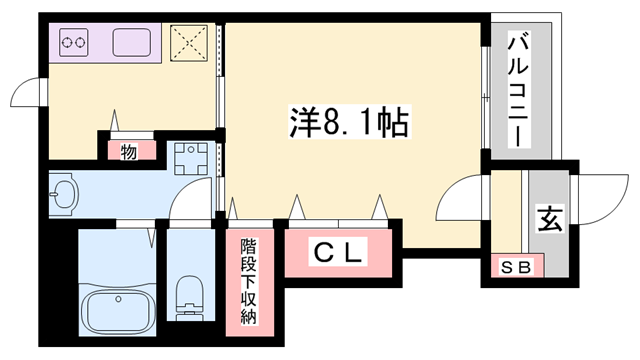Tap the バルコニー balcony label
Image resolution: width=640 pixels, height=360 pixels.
point(518,90)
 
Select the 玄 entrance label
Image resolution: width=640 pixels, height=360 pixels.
point(549,217)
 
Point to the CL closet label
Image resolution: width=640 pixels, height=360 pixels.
point(340,253)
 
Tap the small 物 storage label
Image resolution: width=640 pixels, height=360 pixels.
point(130,151)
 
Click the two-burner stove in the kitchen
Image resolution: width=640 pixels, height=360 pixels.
point(77,43)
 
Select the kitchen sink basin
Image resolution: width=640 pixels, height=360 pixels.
point(133,43)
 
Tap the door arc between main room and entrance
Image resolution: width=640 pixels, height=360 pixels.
point(458,200)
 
